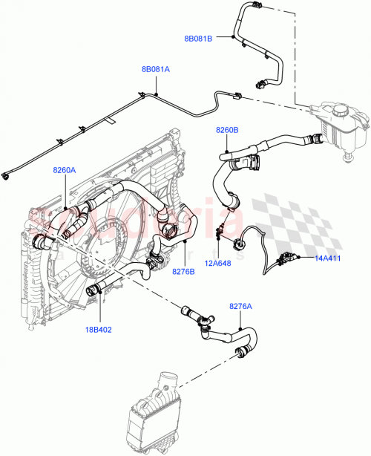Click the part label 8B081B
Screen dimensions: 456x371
199,39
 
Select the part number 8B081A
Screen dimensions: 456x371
156,69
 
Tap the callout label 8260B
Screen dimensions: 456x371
227,131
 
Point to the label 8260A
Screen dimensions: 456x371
64,170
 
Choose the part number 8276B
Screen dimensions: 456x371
183,272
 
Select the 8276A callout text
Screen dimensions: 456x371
240,306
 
